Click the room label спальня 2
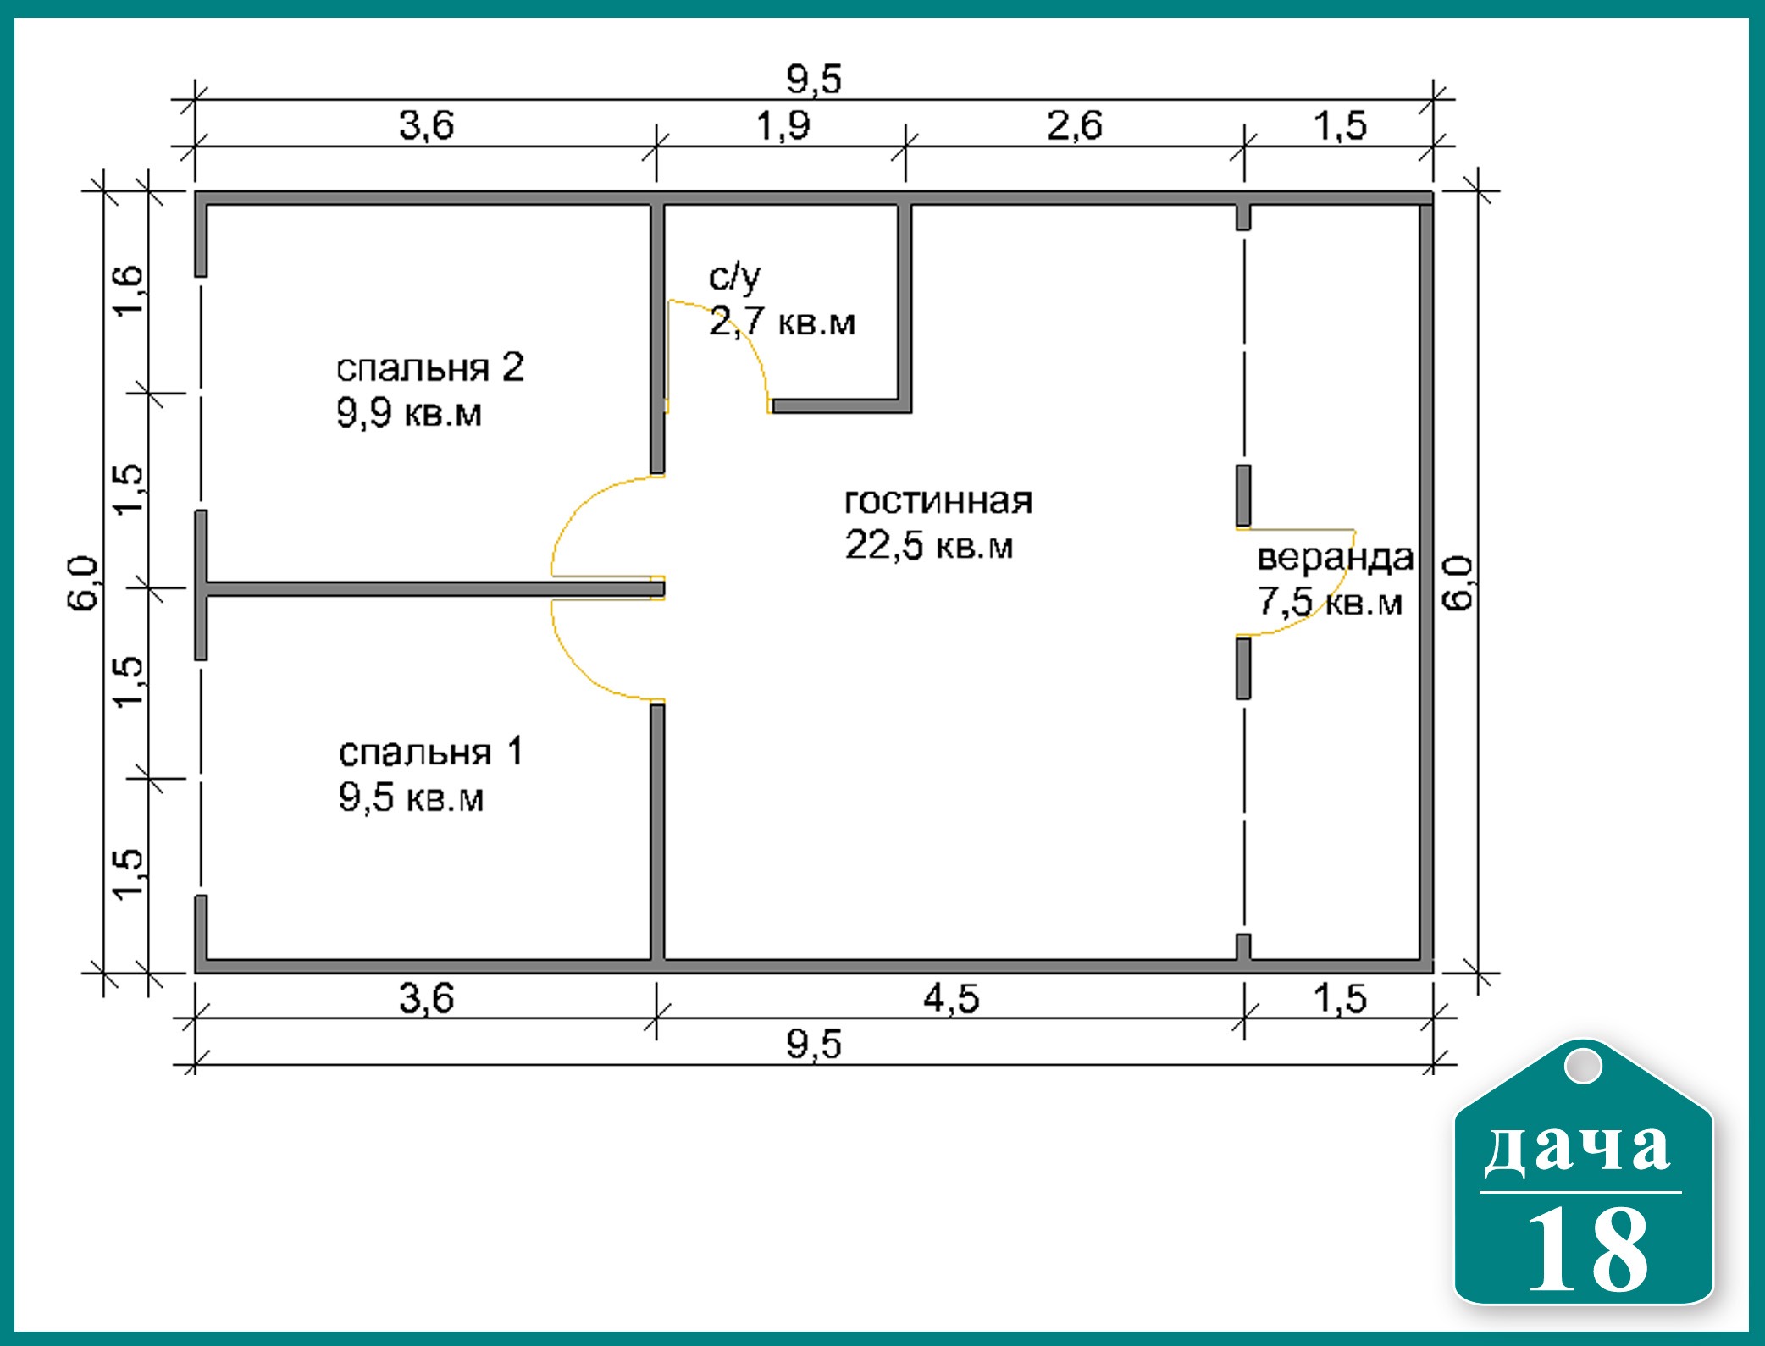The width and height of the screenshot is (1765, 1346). coord(430,368)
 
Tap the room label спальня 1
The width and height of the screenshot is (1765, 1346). coord(430,752)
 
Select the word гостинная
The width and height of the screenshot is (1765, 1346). coord(938,501)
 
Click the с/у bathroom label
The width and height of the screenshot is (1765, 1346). coord(734,277)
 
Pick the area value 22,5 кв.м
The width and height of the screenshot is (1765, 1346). coord(928,545)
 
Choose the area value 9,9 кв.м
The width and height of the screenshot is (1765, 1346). coord(409,413)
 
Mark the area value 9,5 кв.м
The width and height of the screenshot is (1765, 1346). coord(411,797)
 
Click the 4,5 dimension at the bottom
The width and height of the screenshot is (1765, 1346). coord(951,999)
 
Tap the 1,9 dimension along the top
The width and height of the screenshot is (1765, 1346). coord(783,125)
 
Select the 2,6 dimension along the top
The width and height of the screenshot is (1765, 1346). coord(1074,125)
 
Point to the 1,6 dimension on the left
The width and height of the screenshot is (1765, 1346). coord(129,290)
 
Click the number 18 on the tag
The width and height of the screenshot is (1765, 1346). coord(1587,1249)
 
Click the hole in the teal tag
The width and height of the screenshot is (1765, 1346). coord(1582,1066)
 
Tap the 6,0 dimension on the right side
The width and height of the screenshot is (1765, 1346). coord(1458,583)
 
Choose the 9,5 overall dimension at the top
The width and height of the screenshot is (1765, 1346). coord(814,79)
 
